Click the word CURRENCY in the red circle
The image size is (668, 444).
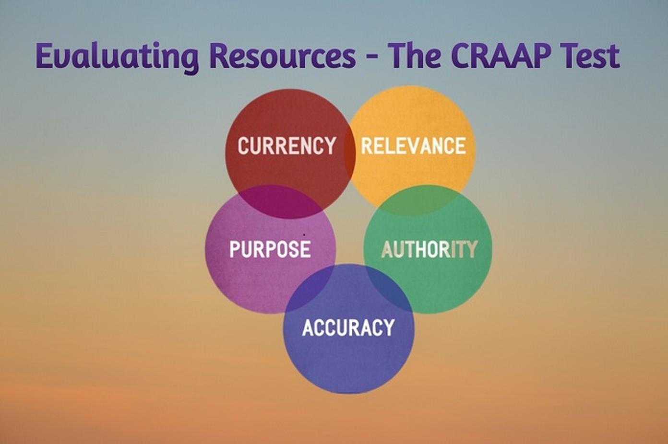(x=286, y=146)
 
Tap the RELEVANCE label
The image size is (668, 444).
(x=413, y=146)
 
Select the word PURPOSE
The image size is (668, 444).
(x=270, y=249)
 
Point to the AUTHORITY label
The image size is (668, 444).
(x=429, y=249)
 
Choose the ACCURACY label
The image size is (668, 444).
(x=348, y=327)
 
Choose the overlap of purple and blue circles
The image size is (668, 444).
(x=310, y=288)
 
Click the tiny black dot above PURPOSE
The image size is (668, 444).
(x=304, y=234)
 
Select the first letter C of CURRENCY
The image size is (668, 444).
(x=244, y=146)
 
